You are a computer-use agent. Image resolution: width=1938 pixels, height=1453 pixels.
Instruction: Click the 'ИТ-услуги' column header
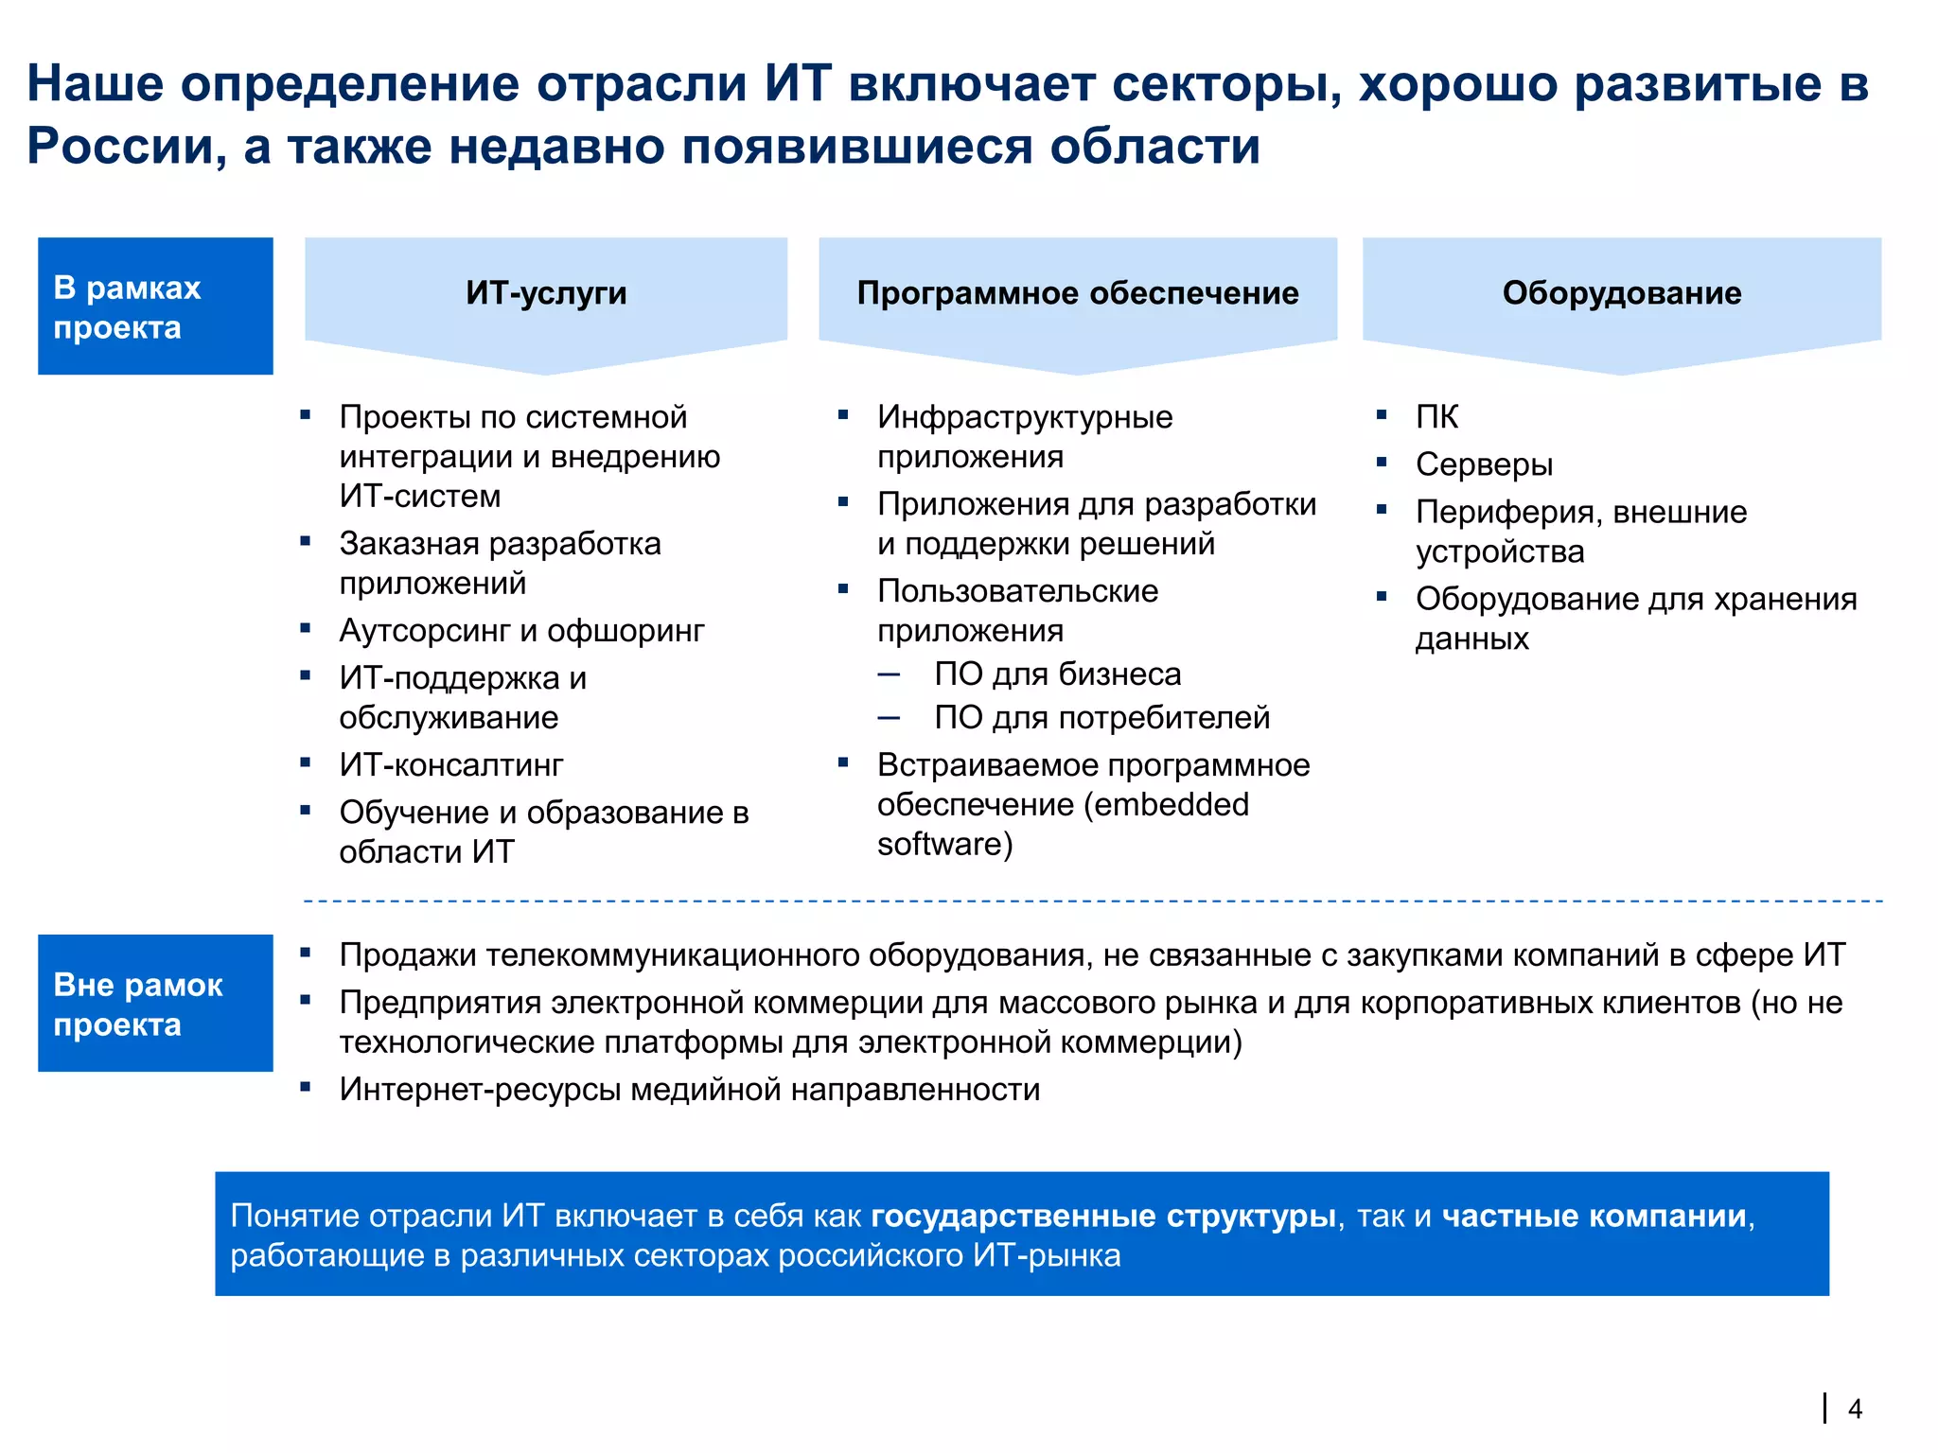click(546, 293)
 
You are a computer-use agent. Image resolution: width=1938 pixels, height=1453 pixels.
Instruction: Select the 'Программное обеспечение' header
click(1077, 293)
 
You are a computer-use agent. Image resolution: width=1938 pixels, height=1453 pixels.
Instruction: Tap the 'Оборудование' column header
click(1621, 293)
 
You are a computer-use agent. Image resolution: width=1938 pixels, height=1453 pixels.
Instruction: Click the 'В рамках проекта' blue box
click(155, 306)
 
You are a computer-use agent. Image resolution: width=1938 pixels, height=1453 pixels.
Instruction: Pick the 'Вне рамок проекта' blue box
click(155, 1004)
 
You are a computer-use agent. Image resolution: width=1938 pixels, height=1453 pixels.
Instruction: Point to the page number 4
click(1855, 1409)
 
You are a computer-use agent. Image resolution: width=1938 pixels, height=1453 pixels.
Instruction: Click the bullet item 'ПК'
click(1436, 417)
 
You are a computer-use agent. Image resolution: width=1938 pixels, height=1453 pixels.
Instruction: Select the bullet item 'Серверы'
click(1484, 464)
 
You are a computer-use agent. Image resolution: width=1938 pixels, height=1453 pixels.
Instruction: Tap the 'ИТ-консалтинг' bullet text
click(451, 765)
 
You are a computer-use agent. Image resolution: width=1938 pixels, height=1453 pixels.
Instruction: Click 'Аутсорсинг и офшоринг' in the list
click(521, 631)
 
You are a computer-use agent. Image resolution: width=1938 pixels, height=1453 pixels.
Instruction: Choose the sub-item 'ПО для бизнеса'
click(1057, 674)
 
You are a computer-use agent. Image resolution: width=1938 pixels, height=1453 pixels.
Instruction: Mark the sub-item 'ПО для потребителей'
click(1101, 718)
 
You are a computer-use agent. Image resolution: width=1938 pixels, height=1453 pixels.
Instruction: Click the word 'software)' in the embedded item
click(944, 845)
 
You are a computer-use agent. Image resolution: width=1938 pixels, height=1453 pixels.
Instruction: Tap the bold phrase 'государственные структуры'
click(1102, 1216)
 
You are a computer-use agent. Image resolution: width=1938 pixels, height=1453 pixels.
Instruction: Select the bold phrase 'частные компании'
click(1594, 1216)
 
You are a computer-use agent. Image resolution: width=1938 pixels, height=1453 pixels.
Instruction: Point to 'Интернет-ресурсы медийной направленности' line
click(690, 1090)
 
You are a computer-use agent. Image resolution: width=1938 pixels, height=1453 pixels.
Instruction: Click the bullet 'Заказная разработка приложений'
click(500, 564)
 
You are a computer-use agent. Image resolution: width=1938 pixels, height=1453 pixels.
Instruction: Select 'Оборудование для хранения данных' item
click(1635, 619)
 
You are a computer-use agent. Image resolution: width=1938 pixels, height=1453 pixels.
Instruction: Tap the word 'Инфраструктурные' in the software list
click(1025, 417)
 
